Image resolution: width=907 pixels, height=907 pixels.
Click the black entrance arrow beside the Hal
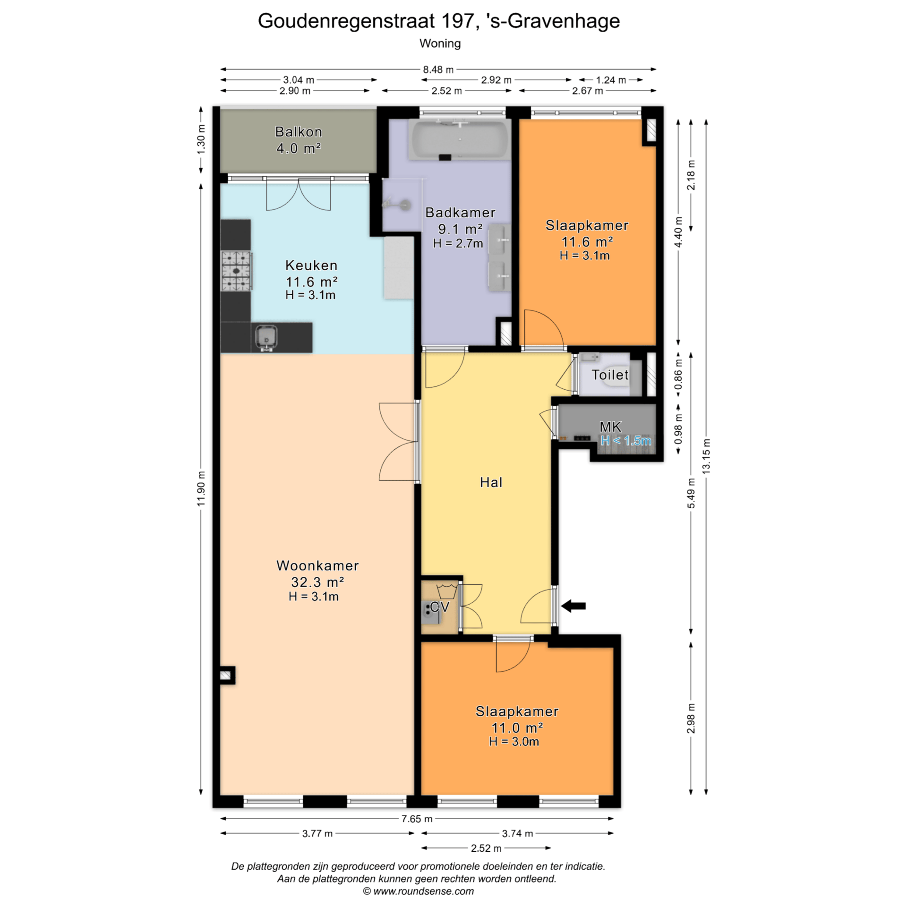point(573,606)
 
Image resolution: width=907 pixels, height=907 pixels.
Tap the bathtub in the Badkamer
point(460,139)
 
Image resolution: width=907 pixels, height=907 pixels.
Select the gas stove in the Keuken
point(236,271)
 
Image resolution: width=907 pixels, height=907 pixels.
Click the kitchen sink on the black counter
point(266,337)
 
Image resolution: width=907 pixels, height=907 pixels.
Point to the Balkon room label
point(299,132)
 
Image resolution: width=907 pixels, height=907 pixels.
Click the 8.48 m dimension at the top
point(438,69)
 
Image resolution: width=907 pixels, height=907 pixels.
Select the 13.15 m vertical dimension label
point(706,456)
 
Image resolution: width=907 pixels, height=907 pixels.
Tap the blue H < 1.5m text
point(626,441)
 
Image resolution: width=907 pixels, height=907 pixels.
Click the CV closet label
point(440,607)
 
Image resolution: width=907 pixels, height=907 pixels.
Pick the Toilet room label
point(610,375)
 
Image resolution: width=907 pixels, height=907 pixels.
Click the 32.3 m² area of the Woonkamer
point(317,582)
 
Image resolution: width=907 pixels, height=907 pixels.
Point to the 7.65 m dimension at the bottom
point(417,819)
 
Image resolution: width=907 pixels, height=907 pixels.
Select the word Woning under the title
point(440,43)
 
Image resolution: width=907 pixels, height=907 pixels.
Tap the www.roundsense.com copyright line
point(418,891)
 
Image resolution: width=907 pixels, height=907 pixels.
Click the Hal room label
point(491,482)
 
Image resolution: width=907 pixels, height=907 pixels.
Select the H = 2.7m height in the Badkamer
point(458,243)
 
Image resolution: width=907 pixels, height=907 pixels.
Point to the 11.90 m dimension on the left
point(201,488)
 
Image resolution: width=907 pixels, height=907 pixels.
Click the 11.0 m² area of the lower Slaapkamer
point(517,727)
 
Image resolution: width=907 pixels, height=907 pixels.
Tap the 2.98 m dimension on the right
point(691,718)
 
